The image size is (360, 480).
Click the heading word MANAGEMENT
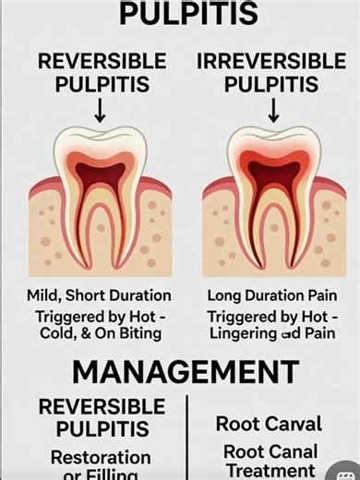[185, 372]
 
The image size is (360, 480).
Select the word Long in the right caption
[225, 296]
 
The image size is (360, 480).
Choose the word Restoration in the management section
[101, 457]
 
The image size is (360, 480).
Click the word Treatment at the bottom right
[270, 470]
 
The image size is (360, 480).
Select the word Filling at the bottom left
[116, 474]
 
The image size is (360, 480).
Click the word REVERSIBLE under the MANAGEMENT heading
[101, 407]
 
